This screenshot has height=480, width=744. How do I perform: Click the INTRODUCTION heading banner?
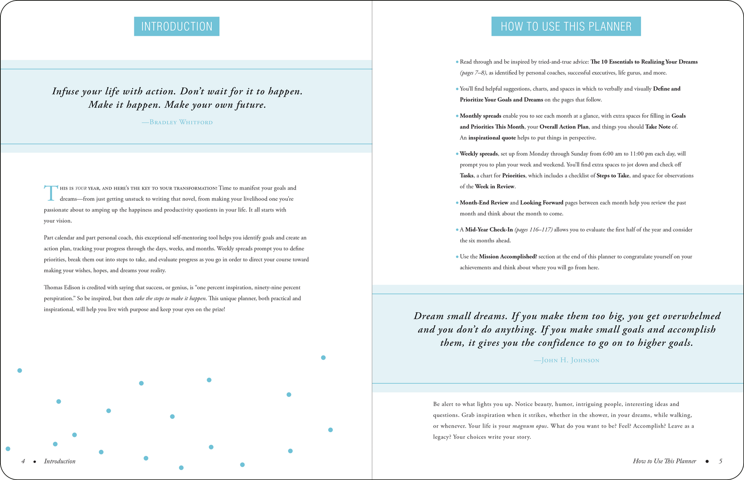click(176, 26)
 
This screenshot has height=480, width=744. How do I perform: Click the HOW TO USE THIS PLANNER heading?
click(566, 26)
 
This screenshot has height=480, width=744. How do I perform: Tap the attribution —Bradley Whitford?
click(177, 122)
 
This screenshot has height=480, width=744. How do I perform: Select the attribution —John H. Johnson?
click(566, 360)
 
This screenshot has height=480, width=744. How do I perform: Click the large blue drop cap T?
click(50, 193)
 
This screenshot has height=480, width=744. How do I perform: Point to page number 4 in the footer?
click(23, 461)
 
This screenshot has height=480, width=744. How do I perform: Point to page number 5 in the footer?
click(720, 461)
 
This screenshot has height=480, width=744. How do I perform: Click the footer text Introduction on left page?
click(60, 461)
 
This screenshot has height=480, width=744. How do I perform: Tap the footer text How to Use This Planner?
click(664, 461)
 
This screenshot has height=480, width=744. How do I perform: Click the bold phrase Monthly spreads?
click(480, 116)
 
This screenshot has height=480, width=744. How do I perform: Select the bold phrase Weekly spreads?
click(479, 154)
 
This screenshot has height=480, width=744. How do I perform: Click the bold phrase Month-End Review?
click(484, 203)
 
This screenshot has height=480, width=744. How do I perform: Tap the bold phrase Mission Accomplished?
click(508, 257)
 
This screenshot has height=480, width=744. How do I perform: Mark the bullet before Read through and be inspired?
click(457, 62)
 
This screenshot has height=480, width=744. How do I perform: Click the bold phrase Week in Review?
click(494, 187)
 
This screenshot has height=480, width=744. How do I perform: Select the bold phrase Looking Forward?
click(541, 203)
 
